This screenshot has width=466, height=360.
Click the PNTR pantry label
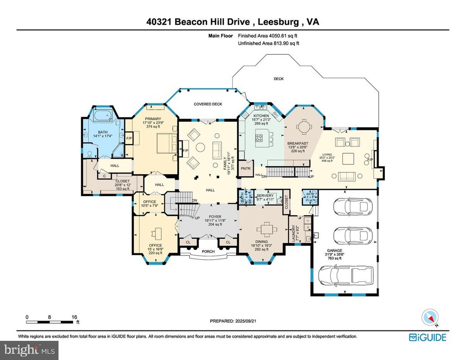point(245,168)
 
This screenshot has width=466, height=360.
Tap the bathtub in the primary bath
point(103,116)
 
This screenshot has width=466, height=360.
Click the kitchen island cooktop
point(259,138)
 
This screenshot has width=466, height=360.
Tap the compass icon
point(429,317)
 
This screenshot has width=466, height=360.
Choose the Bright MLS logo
point(29,348)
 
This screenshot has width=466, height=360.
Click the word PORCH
point(208,252)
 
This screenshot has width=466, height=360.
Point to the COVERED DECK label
point(208,104)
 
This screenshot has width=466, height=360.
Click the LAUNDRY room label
point(293,233)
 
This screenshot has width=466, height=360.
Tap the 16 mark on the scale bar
point(74,317)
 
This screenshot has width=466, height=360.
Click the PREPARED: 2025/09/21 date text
point(234,321)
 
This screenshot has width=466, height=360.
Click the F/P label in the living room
point(370,159)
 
